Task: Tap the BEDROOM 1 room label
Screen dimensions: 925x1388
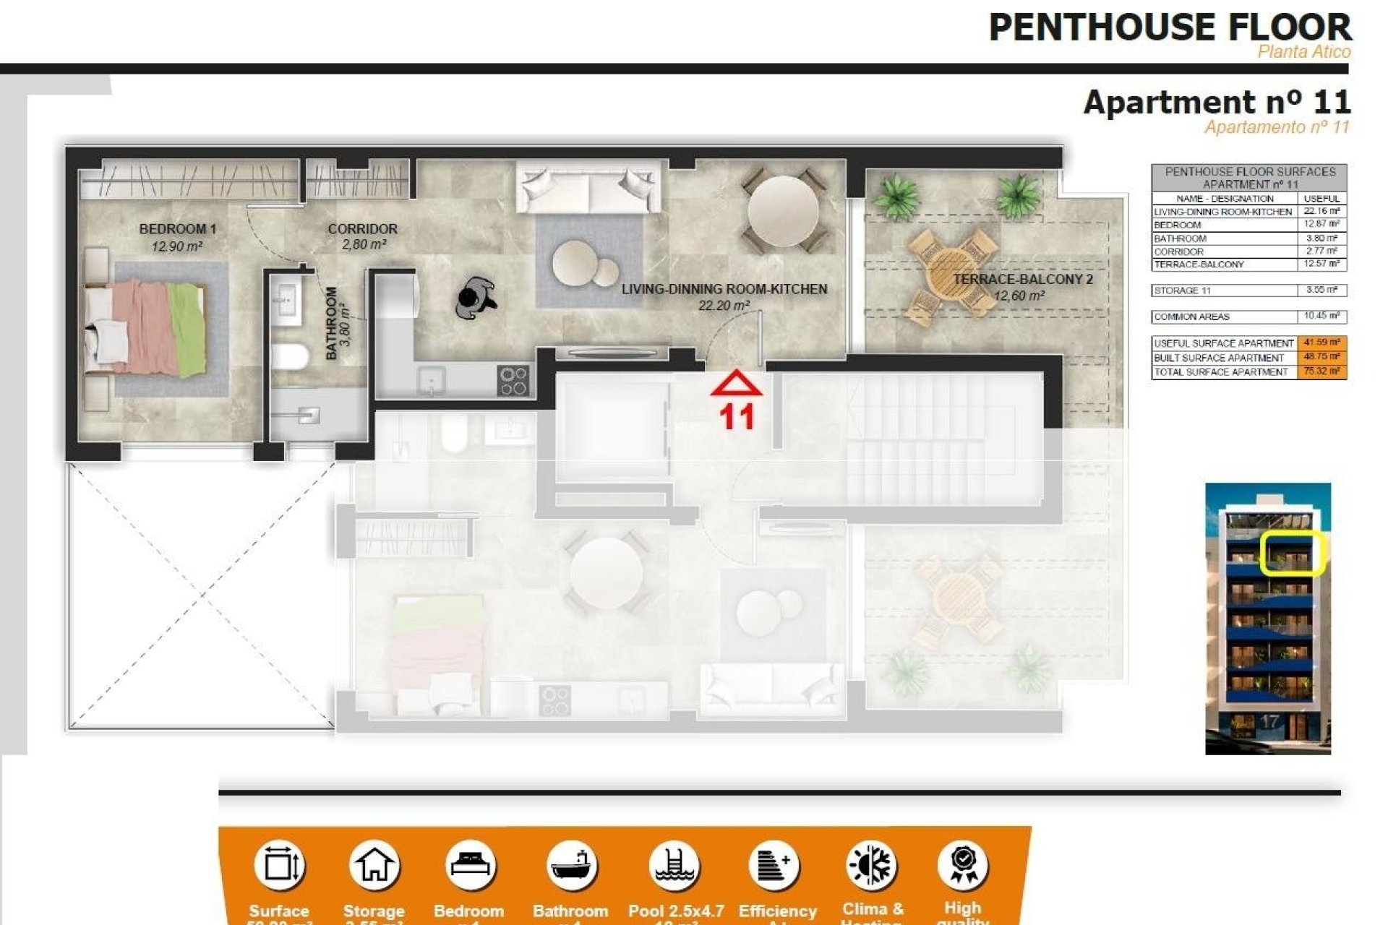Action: (x=177, y=229)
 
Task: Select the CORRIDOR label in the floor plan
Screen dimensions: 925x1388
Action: (x=362, y=229)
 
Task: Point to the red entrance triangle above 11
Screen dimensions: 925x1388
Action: (x=736, y=384)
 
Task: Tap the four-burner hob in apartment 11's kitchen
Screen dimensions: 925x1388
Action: (x=513, y=381)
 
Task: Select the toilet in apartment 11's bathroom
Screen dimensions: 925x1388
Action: (x=289, y=356)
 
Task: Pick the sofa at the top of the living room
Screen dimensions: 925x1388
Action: (x=588, y=187)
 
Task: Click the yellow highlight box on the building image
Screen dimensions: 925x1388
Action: (x=1291, y=553)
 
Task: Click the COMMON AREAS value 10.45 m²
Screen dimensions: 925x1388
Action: (x=1321, y=317)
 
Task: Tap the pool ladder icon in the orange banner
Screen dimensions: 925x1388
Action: (x=674, y=865)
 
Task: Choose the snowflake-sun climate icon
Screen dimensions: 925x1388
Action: (x=872, y=865)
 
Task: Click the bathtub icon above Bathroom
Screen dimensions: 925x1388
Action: (x=571, y=865)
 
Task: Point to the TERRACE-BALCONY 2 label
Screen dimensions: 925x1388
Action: (x=1022, y=279)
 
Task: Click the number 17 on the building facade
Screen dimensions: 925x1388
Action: (x=1269, y=721)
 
